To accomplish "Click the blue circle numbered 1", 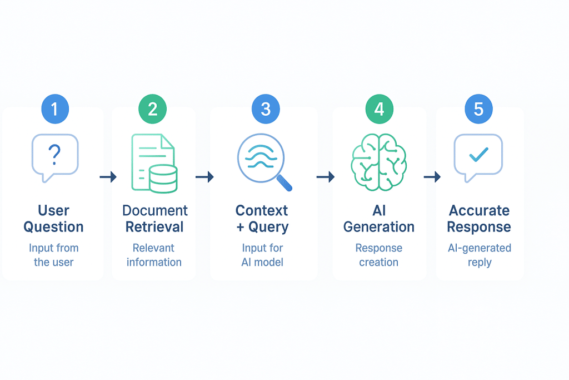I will [54, 108].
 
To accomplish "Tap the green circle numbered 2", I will [153, 108].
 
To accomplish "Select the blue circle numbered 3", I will [266, 108].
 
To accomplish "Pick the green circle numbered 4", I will [379, 108].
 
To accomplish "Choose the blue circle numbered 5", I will [478, 108].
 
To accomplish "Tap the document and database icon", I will [154, 163].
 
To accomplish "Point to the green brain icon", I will [379, 161].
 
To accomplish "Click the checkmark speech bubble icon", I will [478, 156].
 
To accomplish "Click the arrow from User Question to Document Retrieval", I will [108, 177].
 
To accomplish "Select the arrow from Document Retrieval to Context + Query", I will [204, 177].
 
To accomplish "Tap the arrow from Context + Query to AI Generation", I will [325, 177].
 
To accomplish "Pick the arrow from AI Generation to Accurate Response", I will [432, 177].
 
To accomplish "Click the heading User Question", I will [54, 219].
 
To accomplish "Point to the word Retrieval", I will [154, 227].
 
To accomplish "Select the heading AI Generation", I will [379, 219].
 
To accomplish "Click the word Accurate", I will [479, 211].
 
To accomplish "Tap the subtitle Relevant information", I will [154, 255].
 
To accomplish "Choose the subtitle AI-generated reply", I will [479, 255].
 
